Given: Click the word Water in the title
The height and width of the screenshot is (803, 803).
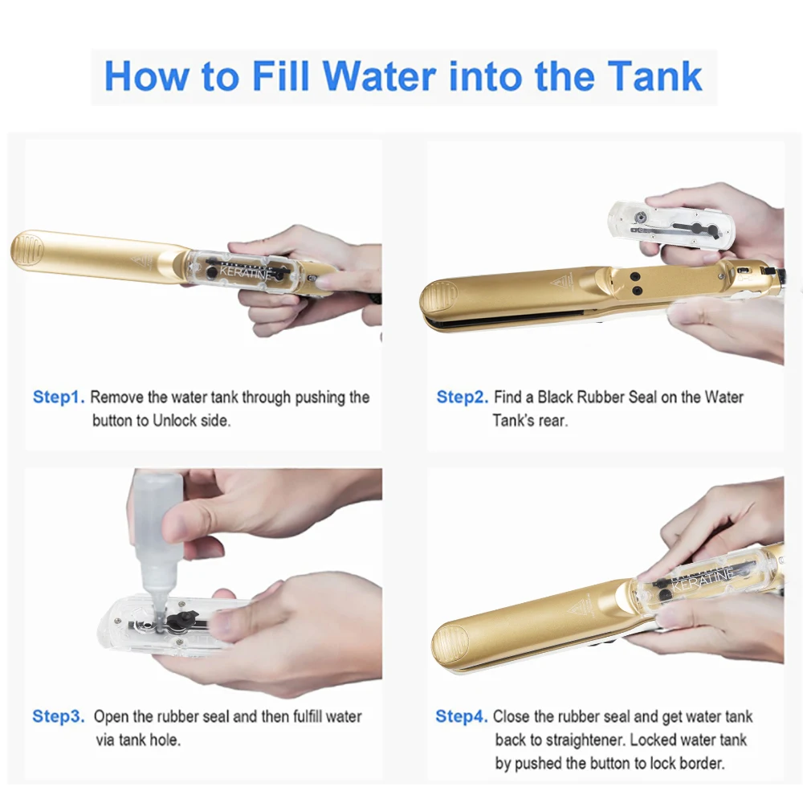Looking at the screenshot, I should [380, 76].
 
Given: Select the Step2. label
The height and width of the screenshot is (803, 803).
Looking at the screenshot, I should [462, 397].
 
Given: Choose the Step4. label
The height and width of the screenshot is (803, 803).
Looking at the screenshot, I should [462, 716].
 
